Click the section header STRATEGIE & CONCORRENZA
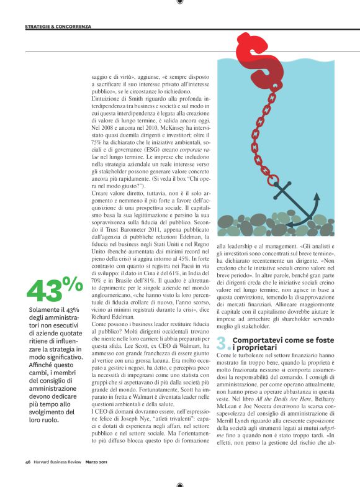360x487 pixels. [x=58, y=27]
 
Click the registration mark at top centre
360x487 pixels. [x=179, y=2]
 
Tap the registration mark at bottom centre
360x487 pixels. [x=179, y=483]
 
